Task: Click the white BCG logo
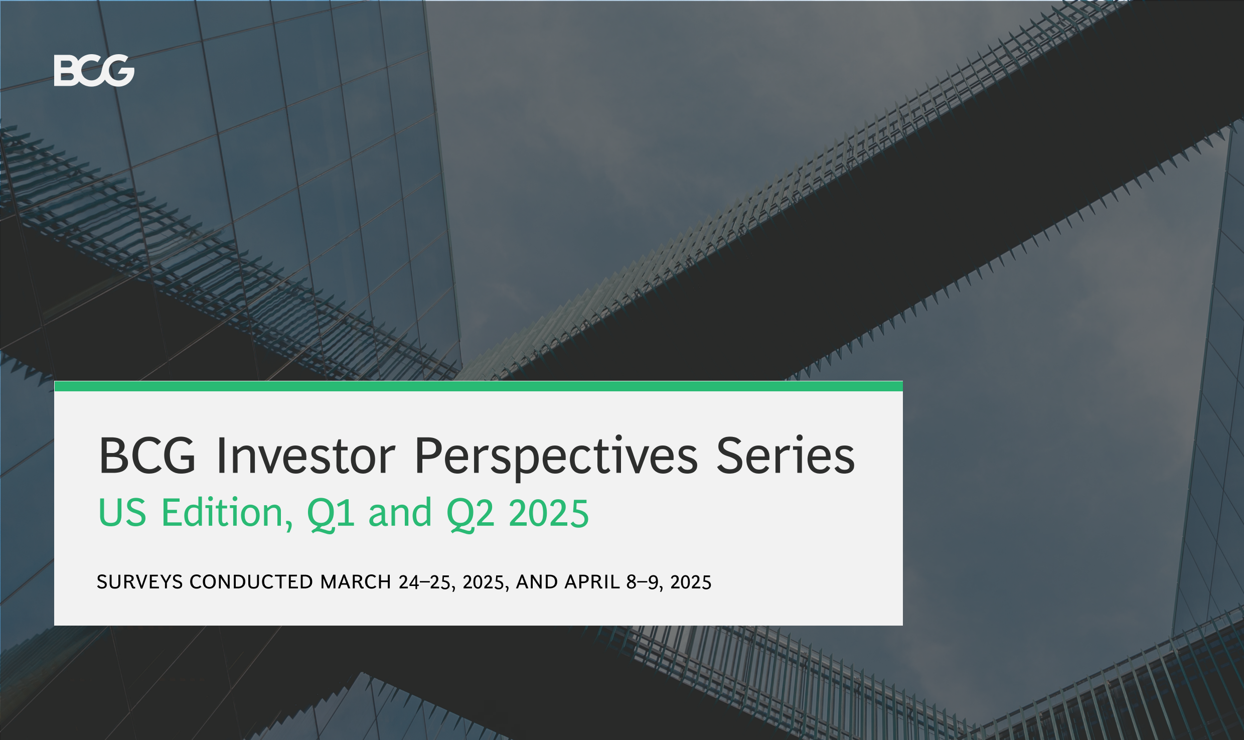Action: point(94,70)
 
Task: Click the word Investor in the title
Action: point(305,456)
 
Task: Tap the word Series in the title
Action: point(786,455)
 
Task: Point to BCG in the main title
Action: point(147,456)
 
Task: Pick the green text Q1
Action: point(331,514)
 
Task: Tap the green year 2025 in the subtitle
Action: point(549,513)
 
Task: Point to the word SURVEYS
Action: point(140,582)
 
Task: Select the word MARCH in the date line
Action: point(356,582)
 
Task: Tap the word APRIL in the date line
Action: point(592,582)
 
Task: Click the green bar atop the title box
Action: point(479,386)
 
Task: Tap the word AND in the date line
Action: point(537,582)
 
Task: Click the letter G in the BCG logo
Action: point(117,70)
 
